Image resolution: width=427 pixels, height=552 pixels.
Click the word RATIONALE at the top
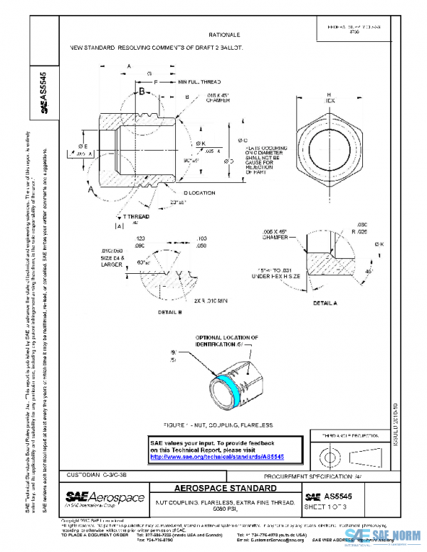(224, 34)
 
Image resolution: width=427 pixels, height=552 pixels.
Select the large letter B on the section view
(142, 92)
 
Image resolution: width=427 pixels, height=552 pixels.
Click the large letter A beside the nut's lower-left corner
(90, 191)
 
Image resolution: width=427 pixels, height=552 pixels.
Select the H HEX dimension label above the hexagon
(330, 97)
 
